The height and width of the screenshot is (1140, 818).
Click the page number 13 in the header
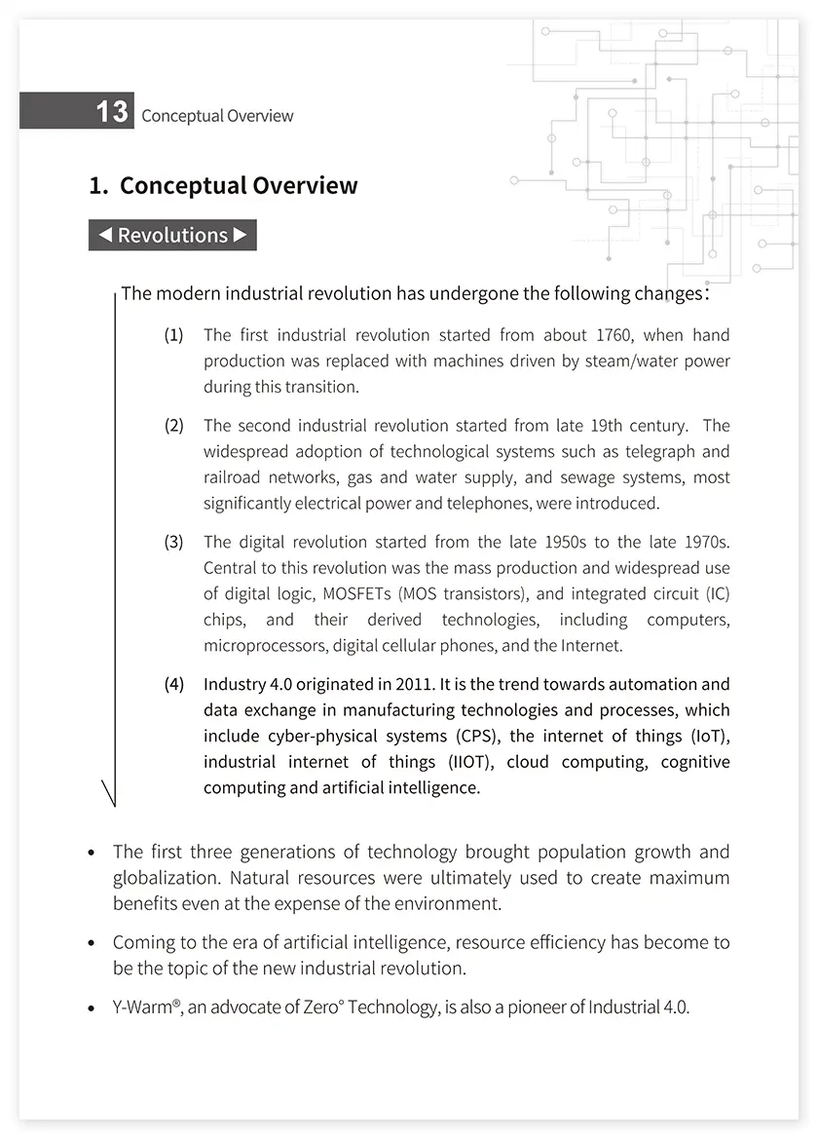111,112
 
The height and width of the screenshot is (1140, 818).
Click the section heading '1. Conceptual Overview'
223,186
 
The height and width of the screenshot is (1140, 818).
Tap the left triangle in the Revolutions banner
105,235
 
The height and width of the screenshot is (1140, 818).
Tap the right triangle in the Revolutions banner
241,235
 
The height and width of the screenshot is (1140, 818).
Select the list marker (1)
173,335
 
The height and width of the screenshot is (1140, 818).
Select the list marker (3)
173,542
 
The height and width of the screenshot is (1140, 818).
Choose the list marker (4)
173,684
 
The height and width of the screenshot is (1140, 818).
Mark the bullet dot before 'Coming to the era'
92,943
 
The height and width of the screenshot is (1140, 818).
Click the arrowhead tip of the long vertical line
114,805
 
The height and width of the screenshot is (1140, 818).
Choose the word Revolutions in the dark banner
172,235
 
